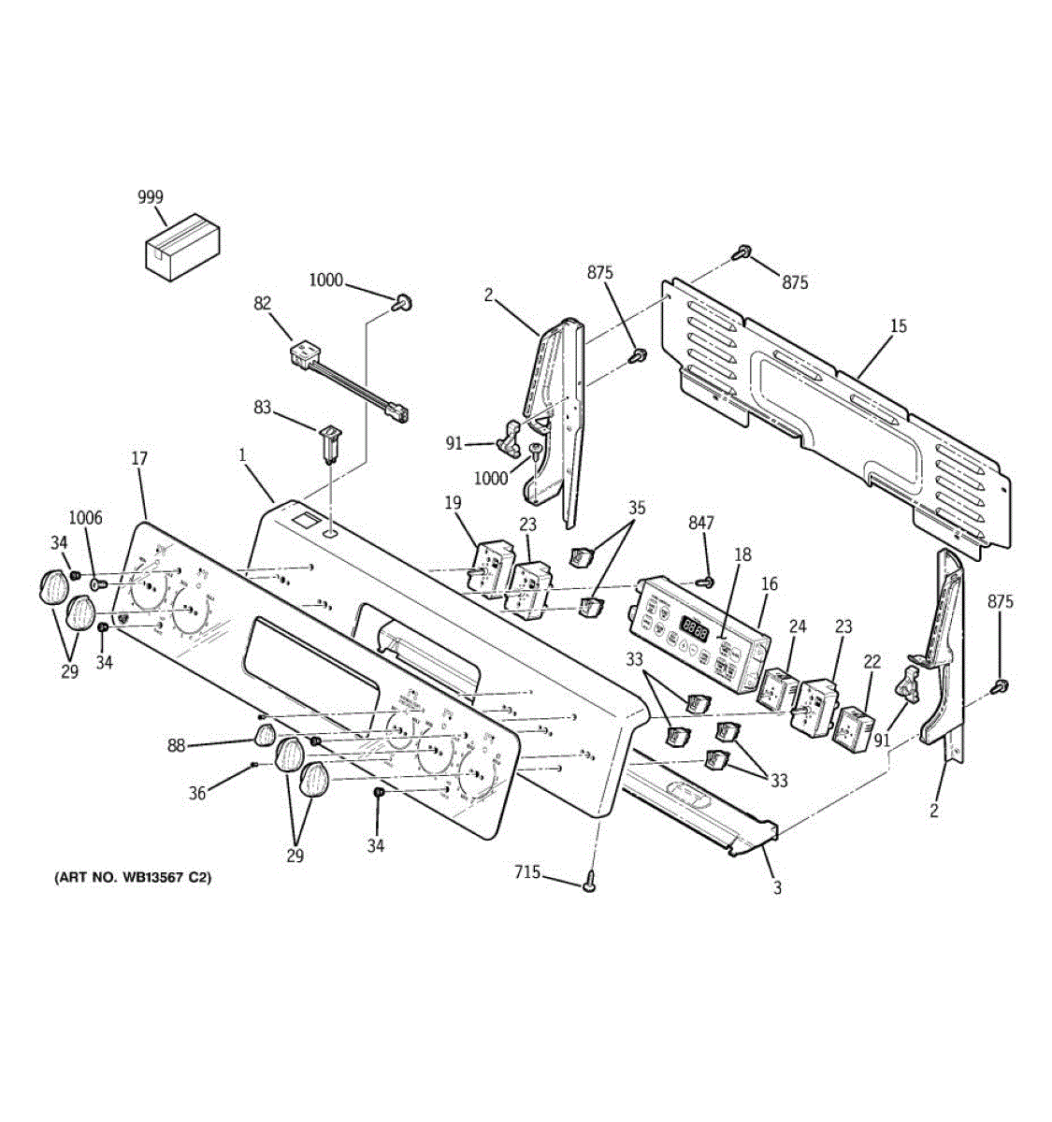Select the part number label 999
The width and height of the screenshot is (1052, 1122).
150,197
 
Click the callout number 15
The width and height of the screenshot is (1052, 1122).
898,326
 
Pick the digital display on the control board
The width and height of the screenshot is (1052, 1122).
693,626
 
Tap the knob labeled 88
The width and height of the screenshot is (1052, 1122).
265,736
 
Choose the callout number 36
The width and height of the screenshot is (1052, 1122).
197,794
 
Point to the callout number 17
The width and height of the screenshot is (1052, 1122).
138,459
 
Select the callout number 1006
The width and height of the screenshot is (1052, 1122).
86,519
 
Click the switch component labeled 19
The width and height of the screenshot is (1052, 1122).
487,568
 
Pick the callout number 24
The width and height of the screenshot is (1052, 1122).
798,626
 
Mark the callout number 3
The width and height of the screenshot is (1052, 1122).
777,887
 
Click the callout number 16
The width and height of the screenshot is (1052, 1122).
769,584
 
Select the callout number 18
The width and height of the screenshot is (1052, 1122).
742,554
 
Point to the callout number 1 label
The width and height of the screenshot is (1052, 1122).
242,455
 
